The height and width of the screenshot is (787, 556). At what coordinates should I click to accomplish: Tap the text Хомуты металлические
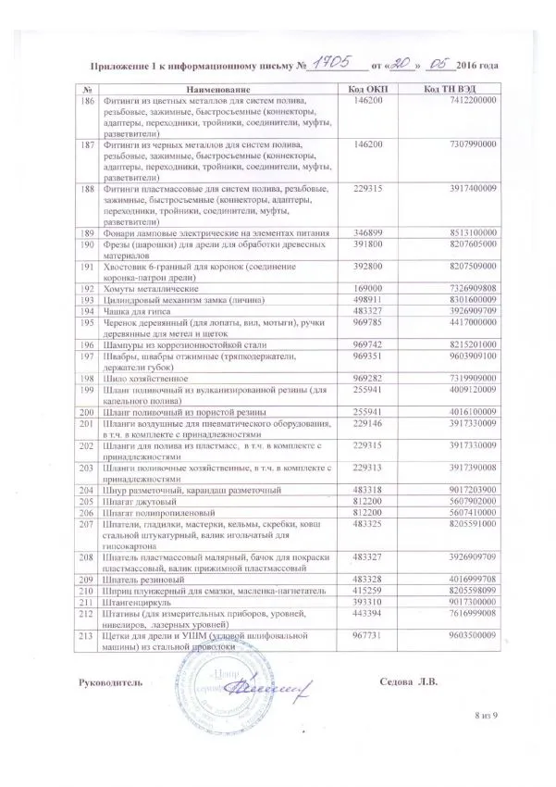click(x=150, y=287)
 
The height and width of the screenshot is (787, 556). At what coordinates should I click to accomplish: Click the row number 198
click(x=89, y=378)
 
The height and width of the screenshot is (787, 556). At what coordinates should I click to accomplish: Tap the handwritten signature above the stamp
click(x=278, y=683)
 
